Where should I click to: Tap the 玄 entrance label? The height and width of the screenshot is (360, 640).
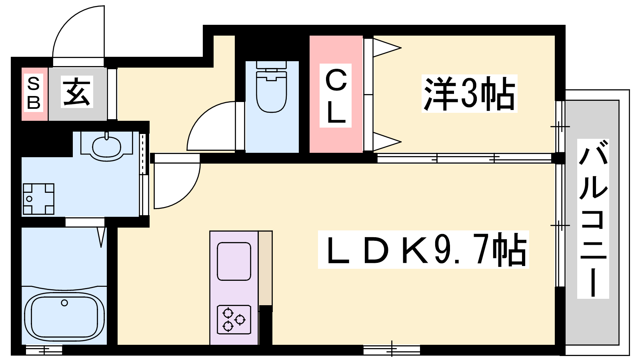[77, 92]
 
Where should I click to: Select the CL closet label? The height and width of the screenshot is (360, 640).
[336, 96]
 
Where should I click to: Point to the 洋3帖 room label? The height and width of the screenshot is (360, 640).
[469, 94]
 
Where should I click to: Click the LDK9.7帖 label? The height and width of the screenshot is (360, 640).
[424, 250]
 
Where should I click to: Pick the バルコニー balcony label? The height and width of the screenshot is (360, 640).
[593, 219]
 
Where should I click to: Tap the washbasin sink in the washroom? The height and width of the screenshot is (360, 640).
[106, 146]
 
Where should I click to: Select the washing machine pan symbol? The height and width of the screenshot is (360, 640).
[38, 199]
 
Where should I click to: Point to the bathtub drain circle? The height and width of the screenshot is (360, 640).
[64, 303]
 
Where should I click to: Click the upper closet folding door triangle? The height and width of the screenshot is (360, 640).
[386, 48]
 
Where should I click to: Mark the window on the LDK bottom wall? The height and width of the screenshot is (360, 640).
[392, 350]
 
